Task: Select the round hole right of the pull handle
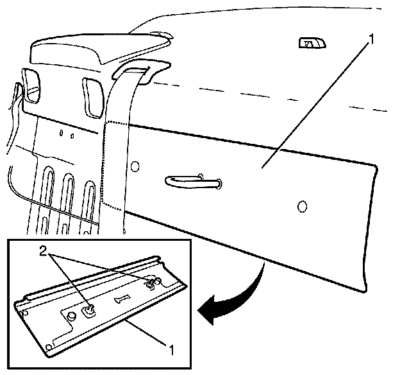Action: coord(303,206)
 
